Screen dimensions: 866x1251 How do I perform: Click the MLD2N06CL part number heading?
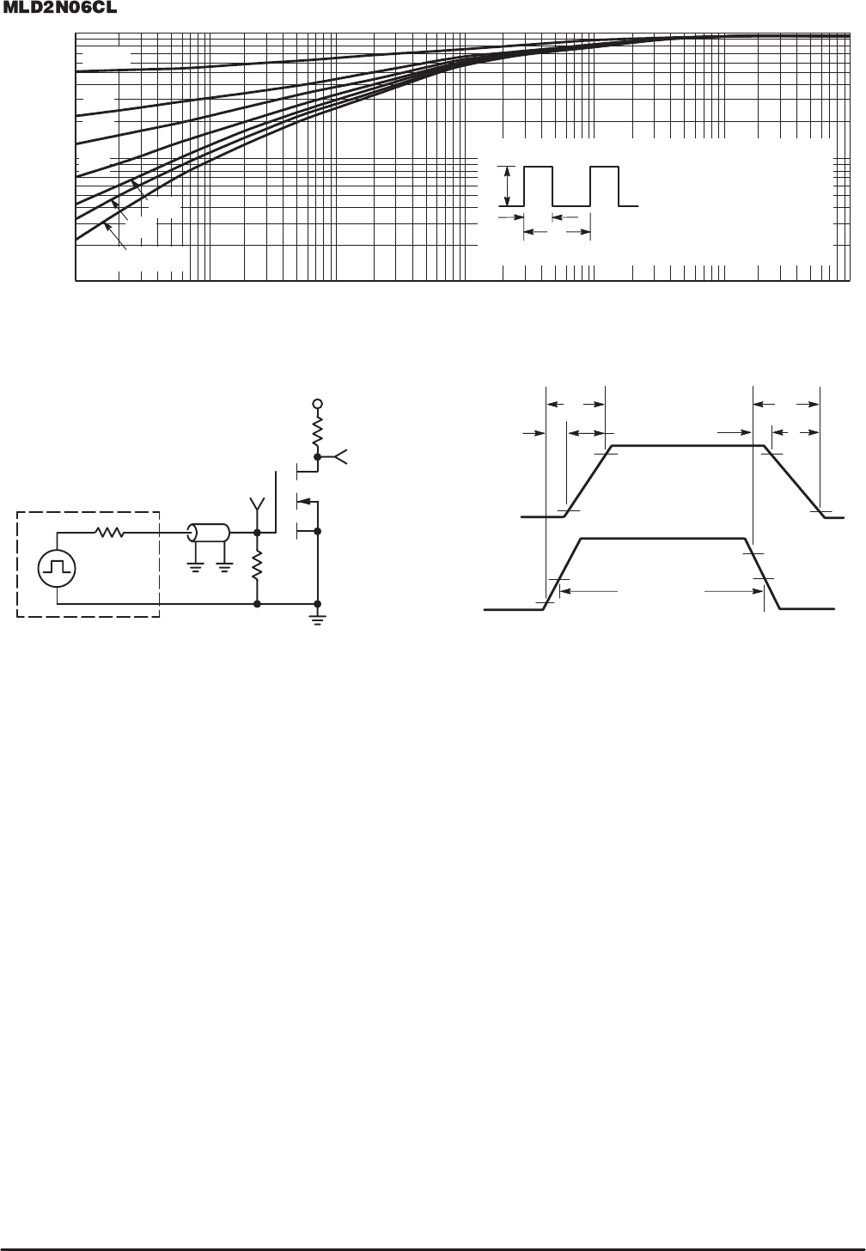pos(60,9)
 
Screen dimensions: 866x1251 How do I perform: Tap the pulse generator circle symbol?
pos(57,569)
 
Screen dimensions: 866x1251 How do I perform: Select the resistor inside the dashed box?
pos(110,533)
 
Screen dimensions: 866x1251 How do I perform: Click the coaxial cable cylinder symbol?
pos(208,533)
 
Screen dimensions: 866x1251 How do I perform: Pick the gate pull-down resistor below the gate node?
pos(258,564)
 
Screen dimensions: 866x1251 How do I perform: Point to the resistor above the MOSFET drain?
pos(318,431)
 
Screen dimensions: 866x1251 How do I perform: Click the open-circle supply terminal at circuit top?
pos(318,403)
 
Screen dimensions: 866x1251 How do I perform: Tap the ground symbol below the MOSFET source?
pos(318,619)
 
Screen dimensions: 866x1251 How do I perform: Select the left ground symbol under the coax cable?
pos(195,569)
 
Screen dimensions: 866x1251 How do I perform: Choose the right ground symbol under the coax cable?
pos(224,569)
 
